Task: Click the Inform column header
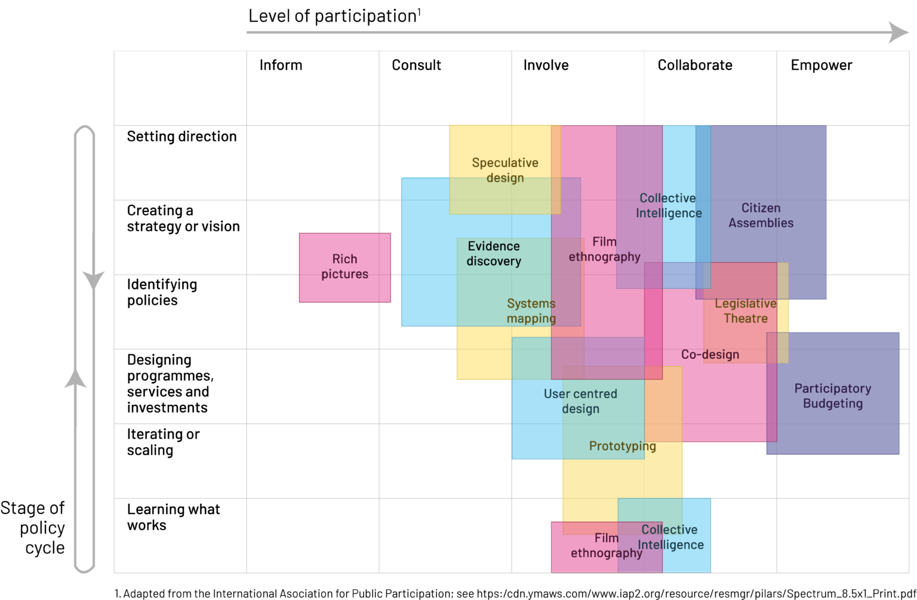[x=281, y=65]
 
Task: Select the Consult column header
[x=416, y=65]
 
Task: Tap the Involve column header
[x=546, y=65]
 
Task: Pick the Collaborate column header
[x=694, y=65]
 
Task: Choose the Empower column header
[x=821, y=65]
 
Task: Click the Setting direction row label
[x=181, y=137]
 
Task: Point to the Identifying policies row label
[x=162, y=292]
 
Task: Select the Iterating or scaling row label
[x=163, y=442]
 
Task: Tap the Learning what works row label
[x=173, y=517]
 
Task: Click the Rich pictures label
[x=344, y=266]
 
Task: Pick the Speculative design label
[x=505, y=170]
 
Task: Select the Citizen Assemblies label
[x=761, y=216]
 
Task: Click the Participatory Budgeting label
[x=832, y=396]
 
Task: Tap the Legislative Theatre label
[x=745, y=311]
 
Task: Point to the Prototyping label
[x=622, y=446]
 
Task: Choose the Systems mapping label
[x=531, y=311]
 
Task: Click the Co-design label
[x=710, y=355]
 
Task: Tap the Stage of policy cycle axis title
[x=33, y=528]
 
